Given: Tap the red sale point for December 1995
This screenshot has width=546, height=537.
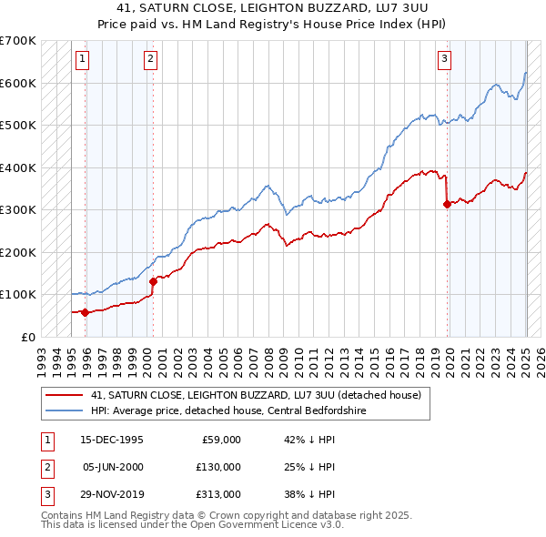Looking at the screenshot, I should (86, 312).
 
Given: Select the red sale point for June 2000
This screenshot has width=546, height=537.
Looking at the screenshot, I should (153, 281).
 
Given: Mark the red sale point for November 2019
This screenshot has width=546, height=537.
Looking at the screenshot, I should (447, 205).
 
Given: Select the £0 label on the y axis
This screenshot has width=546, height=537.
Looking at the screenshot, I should (27, 337).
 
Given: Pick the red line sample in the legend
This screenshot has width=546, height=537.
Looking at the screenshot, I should (65, 396).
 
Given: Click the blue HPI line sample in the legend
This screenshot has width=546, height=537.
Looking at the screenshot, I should (65, 410).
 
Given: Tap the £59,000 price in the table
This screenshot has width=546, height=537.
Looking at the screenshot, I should (220, 440).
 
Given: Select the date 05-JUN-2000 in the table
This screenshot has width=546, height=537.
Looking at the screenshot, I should (112, 467).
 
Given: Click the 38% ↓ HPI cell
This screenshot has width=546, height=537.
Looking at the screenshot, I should (310, 494).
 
